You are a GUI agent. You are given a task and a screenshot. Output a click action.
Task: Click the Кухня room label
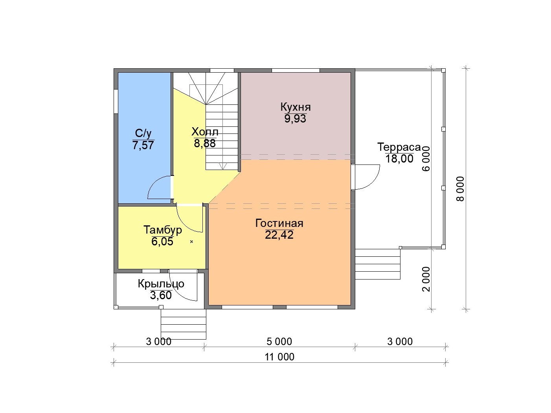[296, 107]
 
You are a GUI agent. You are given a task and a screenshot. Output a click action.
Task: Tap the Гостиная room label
[279, 223]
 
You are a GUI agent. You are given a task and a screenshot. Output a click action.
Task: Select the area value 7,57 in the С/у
[143, 145]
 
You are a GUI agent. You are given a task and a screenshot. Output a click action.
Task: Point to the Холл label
[205, 132]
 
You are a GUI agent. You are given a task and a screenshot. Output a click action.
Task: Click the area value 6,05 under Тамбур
[162, 241]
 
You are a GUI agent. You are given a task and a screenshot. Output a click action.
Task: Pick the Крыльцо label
[161, 284]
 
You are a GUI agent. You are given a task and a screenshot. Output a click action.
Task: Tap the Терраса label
[399, 147]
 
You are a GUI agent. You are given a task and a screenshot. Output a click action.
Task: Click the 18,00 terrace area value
[399, 159]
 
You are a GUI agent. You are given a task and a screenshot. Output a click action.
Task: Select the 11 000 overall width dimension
[279, 357]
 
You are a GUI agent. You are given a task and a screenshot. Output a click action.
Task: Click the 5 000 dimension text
[279, 342]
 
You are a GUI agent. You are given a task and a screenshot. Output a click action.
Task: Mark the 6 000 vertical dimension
[426, 159]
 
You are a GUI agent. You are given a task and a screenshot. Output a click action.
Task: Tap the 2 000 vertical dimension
[426, 279]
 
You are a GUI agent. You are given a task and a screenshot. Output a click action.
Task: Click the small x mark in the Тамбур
[191, 242]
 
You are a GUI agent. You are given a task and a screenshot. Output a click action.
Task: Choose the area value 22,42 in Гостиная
[279, 235]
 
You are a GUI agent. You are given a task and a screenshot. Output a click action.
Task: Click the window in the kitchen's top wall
[296, 70]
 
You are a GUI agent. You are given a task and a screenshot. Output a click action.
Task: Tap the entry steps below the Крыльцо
[184, 324]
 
